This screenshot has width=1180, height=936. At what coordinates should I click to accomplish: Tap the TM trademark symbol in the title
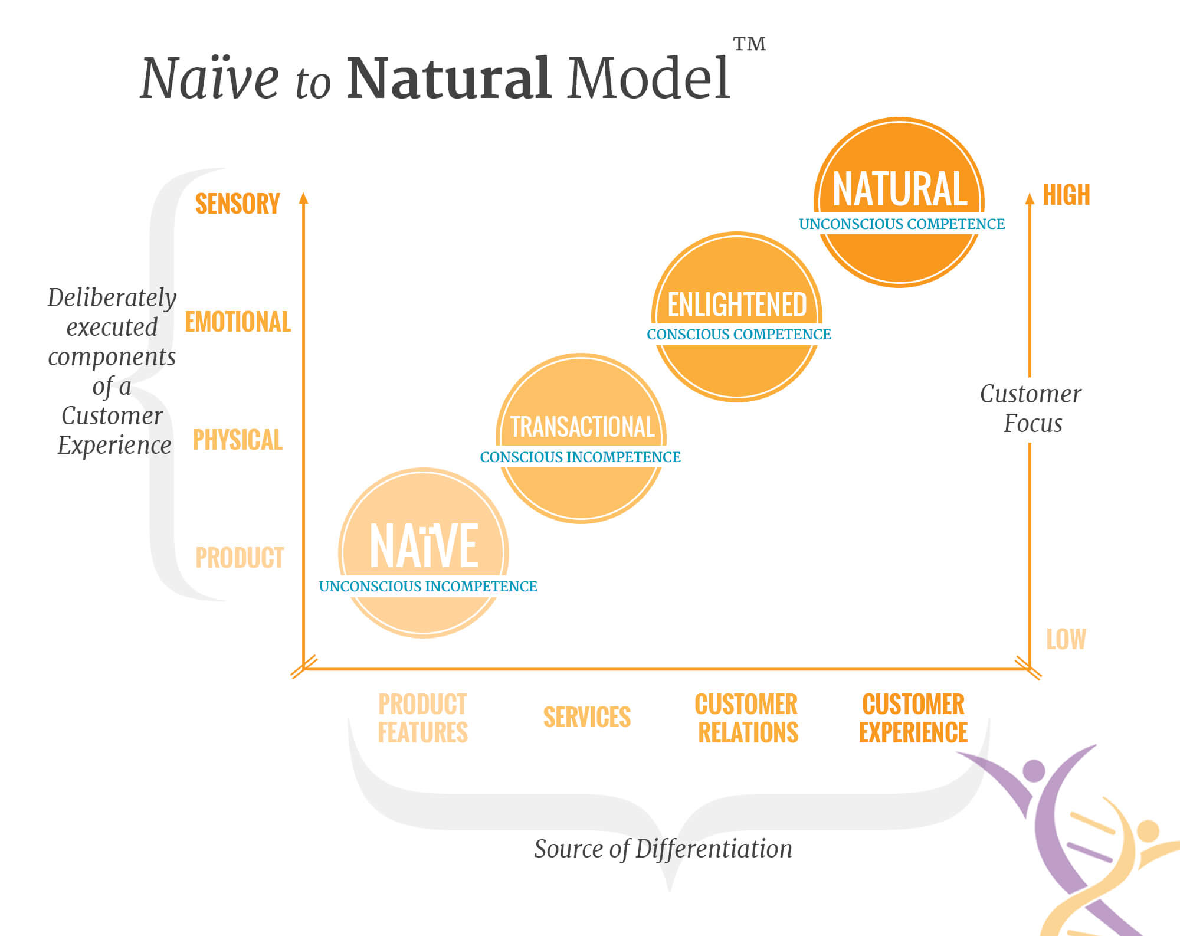pos(749,44)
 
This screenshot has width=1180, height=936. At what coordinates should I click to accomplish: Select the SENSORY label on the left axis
pos(237,204)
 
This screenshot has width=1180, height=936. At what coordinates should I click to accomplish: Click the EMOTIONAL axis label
pos(238,322)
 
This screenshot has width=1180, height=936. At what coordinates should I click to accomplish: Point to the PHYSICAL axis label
pos(238,440)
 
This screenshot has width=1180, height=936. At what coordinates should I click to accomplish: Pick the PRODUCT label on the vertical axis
pos(240,558)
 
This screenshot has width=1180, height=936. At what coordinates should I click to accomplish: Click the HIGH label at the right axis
pos(1066,195)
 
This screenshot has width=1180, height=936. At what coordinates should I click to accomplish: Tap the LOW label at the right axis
pos(1066,639)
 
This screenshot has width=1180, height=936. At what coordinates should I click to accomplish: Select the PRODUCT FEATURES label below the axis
pos(422,718)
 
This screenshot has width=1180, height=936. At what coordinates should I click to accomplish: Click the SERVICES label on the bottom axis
pos(587,717)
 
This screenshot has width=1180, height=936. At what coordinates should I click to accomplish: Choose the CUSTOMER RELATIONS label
pos(747,718)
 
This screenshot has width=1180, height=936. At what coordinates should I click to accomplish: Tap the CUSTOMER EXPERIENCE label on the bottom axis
pos(913,718)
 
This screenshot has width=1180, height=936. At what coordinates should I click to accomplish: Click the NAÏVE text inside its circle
pos(424,546)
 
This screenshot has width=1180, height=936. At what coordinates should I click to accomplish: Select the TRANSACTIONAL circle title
pos(582,427)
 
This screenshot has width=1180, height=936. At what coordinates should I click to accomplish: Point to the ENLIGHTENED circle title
pos(737,305)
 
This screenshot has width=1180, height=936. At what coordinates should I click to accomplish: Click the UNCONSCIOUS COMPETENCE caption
pos(902,224)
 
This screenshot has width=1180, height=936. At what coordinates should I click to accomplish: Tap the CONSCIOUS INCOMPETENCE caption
pos(580,457)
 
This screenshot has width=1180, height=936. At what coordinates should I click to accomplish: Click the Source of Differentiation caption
pos(663,849)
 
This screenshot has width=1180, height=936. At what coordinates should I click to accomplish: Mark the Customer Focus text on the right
pos(1031,408)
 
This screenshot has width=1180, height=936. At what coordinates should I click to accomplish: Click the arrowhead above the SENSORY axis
pos(304,198)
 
